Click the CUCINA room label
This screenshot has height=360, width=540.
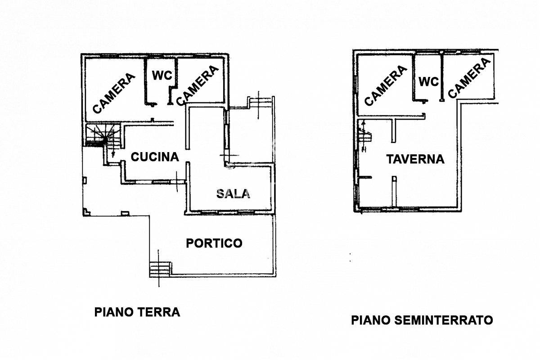155,157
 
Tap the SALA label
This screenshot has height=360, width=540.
233,193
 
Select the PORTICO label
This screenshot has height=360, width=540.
214,243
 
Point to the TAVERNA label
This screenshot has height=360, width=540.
415,159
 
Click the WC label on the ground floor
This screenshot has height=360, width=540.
162,75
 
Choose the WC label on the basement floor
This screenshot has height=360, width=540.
428,82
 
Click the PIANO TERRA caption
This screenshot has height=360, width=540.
137,312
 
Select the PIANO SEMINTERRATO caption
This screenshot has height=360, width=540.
422,320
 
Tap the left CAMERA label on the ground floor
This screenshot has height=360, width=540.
114,93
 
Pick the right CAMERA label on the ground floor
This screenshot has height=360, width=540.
197,85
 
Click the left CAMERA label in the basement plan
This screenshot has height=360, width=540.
386,85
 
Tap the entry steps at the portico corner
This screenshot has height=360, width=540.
160,268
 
